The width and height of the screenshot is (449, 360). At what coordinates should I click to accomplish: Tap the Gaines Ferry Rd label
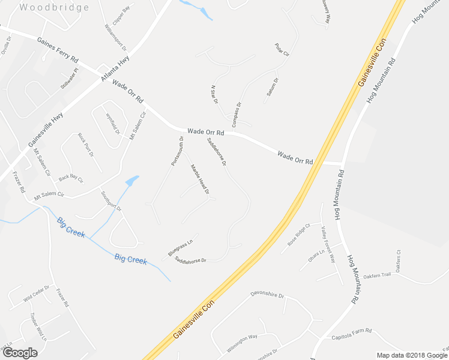pos(58,51)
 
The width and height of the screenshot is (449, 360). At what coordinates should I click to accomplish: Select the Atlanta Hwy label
pos(115,69)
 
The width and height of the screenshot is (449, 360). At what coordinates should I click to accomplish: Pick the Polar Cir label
pos(282,50)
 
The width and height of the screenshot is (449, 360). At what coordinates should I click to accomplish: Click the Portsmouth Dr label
pos(177,151)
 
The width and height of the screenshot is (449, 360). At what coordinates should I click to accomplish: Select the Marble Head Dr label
pos(199,179)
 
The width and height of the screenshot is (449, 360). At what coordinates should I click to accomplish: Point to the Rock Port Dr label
pos(86,145)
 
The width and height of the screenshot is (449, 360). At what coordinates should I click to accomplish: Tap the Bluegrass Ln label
pos(181,247)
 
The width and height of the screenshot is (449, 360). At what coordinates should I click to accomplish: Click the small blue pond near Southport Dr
pos(131,181)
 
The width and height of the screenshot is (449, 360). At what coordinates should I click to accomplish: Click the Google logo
pos(19,352)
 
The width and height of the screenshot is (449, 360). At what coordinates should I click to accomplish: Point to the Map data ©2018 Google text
pos(411,355)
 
